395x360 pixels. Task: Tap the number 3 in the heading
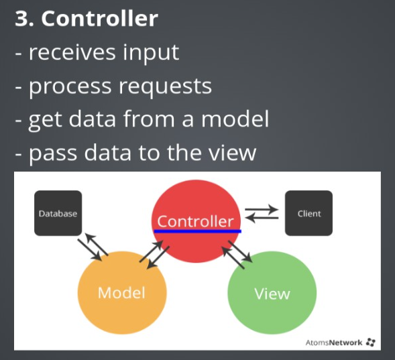(21, 19)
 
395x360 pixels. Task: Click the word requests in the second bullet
(165, 86)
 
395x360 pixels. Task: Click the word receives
(72, 52)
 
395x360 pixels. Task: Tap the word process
(70, 87)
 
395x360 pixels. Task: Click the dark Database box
(58, 213)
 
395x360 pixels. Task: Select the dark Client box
(308, 213)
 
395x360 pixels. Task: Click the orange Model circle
(122, 293)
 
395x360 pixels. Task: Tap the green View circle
(272, 293)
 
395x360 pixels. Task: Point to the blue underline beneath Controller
(197, 231)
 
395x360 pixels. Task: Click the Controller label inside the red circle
(195, 221)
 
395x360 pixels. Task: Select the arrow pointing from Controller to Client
(262, 209)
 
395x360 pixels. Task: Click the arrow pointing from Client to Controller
(262, 218)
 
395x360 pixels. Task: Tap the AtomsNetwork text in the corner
(334, 343)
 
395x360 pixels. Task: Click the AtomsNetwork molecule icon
(371, 343)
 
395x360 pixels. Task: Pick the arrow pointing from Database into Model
(90, 250)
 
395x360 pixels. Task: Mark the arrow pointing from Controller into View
(240, 252)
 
